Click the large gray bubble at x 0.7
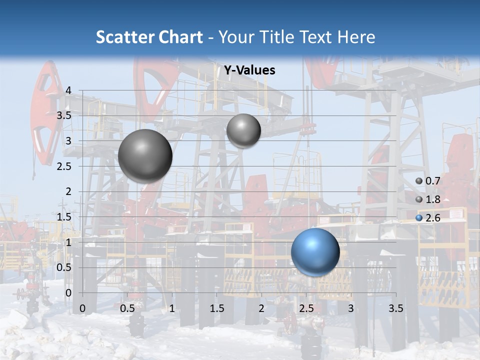point(145,156)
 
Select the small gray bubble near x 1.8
point(243,130)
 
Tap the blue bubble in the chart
point(315,252)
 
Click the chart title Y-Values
point(249,70)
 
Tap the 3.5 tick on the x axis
point(395,308)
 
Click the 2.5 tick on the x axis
point(306,308)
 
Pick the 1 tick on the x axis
point(172,308)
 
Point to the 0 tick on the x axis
point(82,308)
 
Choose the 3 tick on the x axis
point(351,308)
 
